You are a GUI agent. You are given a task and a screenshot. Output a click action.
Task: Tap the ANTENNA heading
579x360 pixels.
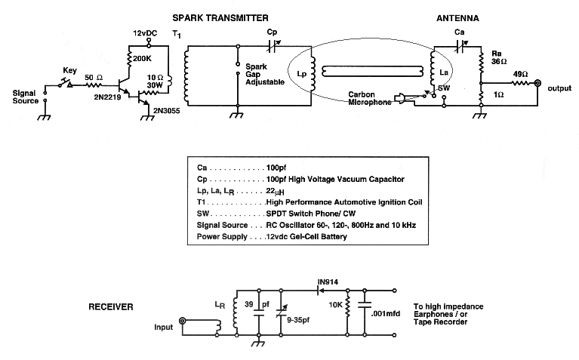pos(457,16)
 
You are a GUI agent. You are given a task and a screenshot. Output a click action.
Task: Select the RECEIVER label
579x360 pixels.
pos(111,307)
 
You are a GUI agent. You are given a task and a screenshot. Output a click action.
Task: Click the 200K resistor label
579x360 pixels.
pos(143,57)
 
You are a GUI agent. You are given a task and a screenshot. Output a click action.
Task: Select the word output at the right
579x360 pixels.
pos(560,88)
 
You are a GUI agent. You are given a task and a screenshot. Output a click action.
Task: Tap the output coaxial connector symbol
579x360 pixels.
pos(537,88)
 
